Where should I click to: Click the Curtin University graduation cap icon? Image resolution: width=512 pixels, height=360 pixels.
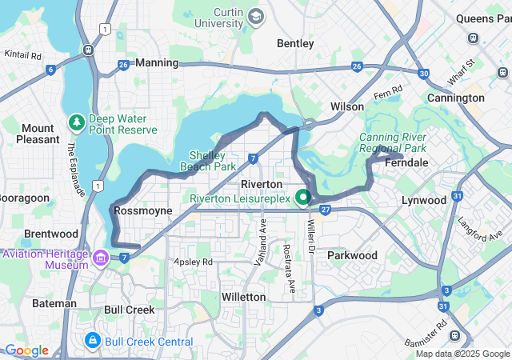(255, 16)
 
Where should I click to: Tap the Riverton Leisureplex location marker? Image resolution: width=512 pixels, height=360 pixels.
(303, 197)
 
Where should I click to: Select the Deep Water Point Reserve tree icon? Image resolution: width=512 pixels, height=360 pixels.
(76, 123)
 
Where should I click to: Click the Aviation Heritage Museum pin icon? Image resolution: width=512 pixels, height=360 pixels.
(101, 258)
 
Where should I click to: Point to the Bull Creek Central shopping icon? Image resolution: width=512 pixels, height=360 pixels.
(94, 341)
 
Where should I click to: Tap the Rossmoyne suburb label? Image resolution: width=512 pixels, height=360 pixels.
(143, 210)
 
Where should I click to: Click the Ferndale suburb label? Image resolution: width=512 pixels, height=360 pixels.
(406, 162)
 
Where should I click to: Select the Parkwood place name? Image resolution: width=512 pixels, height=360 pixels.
(352, 255)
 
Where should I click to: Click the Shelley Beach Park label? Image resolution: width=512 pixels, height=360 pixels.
(213, 161)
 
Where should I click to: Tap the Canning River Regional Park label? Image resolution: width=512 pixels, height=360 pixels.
(391, 142)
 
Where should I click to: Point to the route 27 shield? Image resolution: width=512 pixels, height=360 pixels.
(326, 210)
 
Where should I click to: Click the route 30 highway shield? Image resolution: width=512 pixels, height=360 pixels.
(423, 73)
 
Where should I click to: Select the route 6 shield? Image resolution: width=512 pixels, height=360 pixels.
(51, 70)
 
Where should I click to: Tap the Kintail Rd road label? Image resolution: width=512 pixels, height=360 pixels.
(22, 54)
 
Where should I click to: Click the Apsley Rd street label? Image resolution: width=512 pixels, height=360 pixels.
(193, 262)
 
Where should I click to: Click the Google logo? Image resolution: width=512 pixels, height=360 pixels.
(26, 350)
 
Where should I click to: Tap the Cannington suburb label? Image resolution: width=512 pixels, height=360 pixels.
(455, 98)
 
